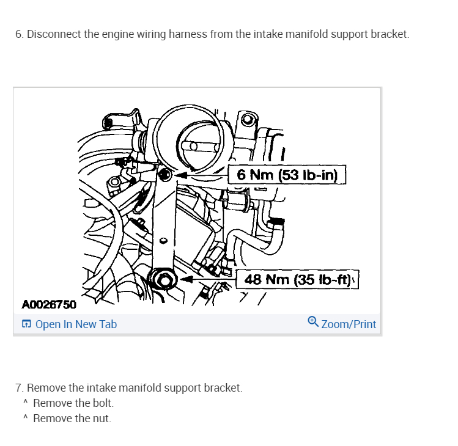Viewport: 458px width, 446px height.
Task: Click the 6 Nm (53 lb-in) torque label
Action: (x=287, y=175)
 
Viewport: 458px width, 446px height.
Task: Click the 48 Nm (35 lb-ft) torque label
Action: (x=297, y=280)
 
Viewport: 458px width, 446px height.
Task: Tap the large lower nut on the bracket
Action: (x=163, y=280)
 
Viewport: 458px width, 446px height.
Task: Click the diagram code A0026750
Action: (x=49, y=304)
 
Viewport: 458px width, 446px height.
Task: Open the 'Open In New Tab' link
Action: (x=76, y=324)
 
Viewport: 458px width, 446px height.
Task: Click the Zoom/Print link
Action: (x=349, y=324)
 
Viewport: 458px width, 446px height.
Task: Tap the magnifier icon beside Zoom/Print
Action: (x=313, y=321)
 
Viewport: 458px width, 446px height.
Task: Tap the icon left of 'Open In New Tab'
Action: (x=26, y=324)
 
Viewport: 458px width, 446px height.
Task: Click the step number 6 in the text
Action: (x=19, y=34)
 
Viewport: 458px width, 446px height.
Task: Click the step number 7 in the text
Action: (x=19, y=388)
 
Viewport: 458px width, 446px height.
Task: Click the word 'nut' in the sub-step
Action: (x=101, y=419)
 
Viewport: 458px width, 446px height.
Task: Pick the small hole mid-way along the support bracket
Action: (x=163, y=239)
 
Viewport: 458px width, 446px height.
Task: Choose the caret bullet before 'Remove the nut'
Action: (x=25, y=419)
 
